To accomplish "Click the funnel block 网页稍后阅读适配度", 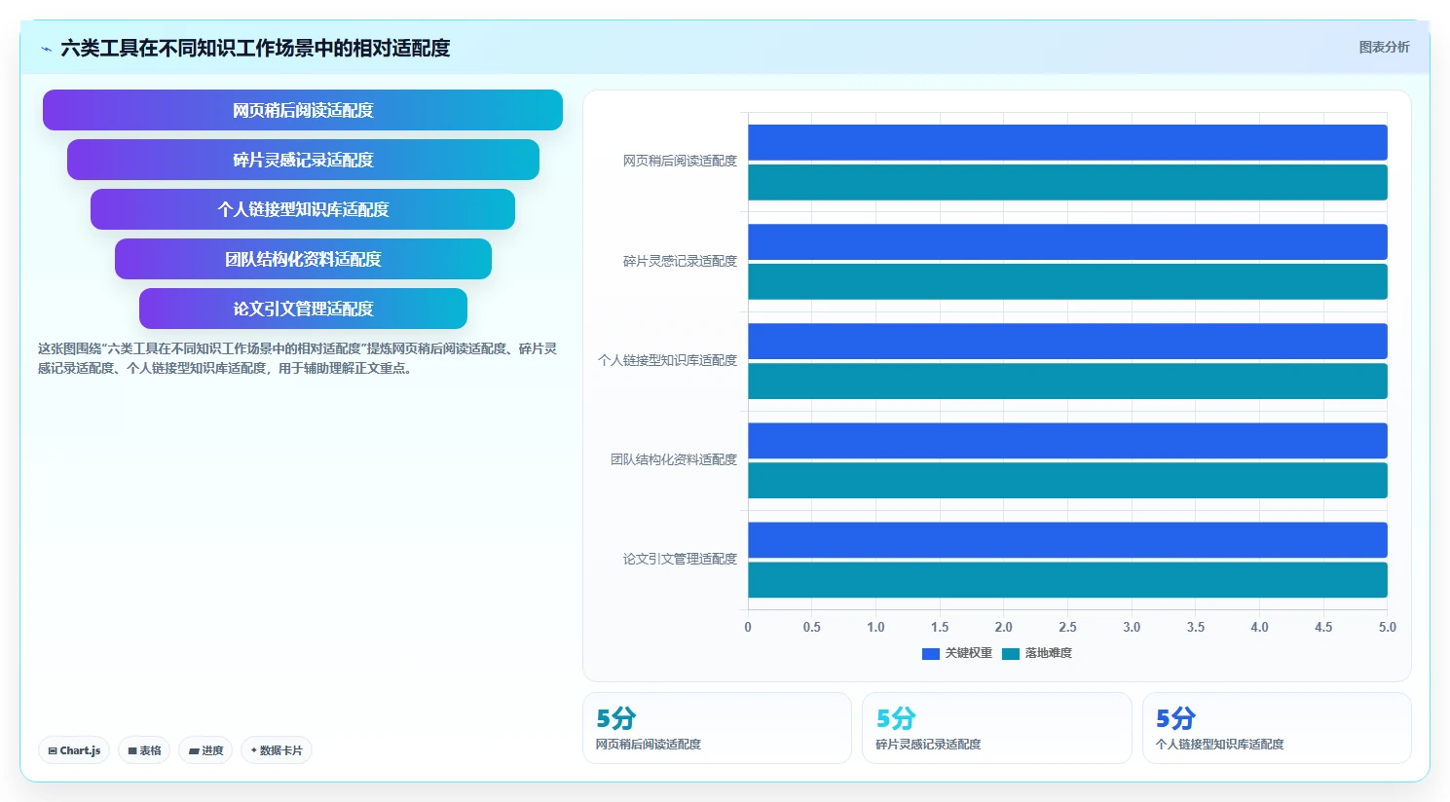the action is (x=302, y=110).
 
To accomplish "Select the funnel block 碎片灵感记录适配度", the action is (x=303, y=160).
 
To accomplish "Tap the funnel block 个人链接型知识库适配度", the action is (x=302, y=209).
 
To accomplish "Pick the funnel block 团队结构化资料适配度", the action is (x=303, y=259).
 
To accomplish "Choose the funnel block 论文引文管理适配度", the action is (x=303, y=309).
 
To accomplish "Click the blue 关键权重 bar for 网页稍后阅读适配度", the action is (x=1067, y=142).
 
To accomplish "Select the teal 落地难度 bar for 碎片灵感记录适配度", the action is (x=1067, y=281).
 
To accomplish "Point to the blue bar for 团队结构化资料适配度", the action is (x=1067, y=441).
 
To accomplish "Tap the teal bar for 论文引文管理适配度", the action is (x=1067, y=579).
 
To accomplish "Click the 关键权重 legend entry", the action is (x=956, y=653).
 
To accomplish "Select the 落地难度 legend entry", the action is (x=1037, y=653).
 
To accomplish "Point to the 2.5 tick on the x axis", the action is (x=1067, y=627).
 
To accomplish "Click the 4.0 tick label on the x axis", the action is (x=1259, y=627).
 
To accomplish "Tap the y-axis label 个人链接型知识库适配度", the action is (x=667, y=360).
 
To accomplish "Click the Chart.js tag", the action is (x=74, y=750).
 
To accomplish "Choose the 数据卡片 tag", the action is (x=277, y=750).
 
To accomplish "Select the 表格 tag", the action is (x=144, y=750).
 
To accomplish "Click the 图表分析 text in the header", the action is (x=1384, y=48).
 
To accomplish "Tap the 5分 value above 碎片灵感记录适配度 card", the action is (x=896, y=718).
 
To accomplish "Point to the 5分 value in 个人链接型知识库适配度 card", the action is (x=1175, y=718).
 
